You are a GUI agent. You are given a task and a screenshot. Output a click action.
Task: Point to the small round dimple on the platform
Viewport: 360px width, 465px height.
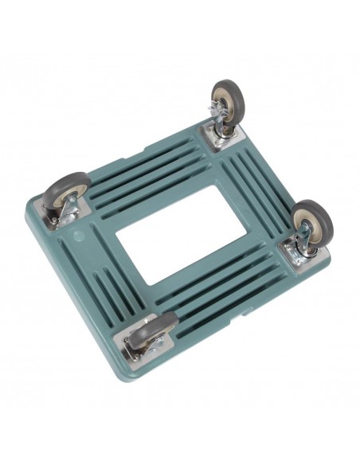77,236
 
